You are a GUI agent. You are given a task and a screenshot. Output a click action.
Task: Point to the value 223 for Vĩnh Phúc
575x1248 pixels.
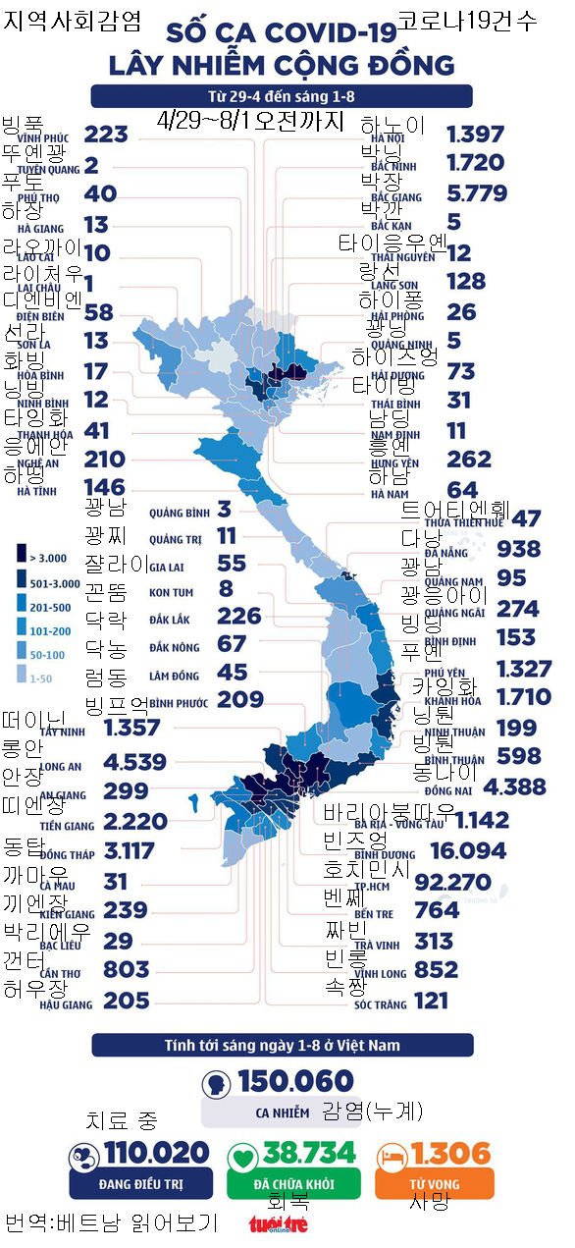(106, 135)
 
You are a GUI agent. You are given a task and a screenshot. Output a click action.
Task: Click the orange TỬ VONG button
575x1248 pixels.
(434, 1183)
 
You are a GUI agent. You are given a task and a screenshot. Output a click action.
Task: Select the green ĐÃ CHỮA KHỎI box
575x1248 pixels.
(293, 1183)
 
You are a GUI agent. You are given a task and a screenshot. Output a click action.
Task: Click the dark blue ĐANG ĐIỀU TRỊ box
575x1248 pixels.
(140, 1183)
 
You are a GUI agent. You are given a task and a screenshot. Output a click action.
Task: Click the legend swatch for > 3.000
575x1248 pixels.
(21, 557)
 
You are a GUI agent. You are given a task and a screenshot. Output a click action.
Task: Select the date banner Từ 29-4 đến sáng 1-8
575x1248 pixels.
(282, 96)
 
